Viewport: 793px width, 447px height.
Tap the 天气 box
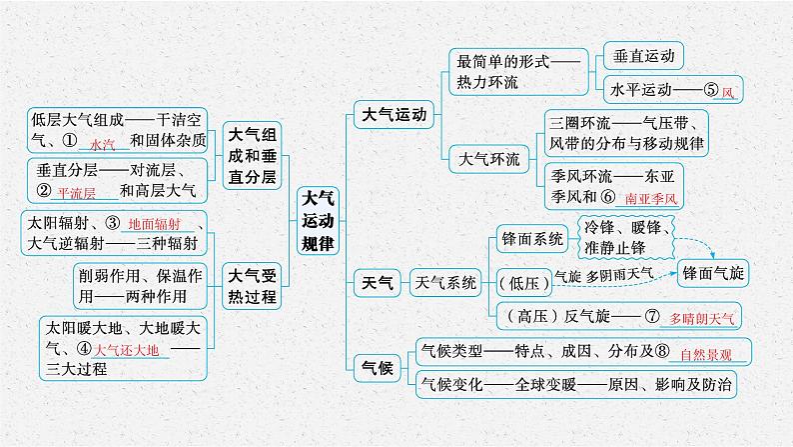tap(376, 281)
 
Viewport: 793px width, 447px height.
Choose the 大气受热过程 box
tap(250, 283)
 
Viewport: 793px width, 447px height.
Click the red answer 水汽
tap(103, 143)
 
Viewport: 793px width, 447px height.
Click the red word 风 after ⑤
tap(727, 91)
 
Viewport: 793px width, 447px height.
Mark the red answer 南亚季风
tap(650, 199)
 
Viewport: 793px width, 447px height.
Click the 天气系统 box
tap(446, 282)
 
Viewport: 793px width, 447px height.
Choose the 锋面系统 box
tap(531, 238)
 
